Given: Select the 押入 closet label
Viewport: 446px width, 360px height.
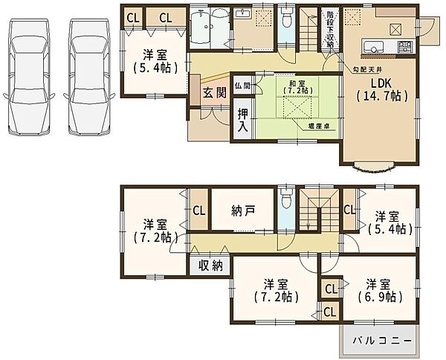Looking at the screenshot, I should (x=243, y=120).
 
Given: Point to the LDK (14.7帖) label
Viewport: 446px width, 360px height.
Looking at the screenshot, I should (x=379, y=89).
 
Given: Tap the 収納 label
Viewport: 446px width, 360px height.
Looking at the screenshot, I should (x=211, y=266).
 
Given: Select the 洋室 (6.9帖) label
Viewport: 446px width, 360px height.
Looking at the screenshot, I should (x=383, y=290).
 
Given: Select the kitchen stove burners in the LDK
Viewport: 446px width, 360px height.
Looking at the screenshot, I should (x=404, y=50).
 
